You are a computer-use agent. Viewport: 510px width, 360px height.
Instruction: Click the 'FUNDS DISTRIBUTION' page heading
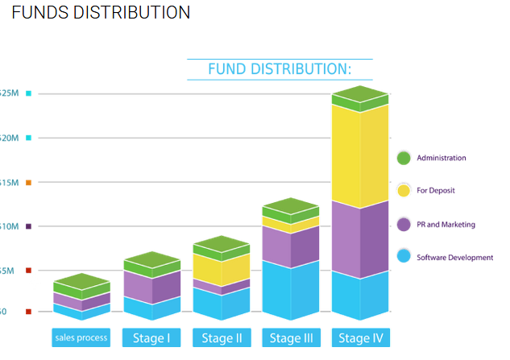coord(101,13)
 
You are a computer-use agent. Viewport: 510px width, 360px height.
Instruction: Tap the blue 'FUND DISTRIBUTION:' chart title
coord(280,69)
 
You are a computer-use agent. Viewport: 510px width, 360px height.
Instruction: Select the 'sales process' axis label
coord(81,337)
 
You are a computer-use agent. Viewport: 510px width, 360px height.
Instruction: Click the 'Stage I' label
coord(151,338)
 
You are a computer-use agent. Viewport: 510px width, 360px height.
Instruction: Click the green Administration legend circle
coord(404,158)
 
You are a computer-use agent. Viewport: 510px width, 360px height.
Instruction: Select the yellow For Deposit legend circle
coord(404,191)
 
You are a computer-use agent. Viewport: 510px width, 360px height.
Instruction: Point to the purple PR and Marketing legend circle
coord(404,225)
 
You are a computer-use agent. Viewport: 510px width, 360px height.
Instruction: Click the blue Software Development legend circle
coord(404,257)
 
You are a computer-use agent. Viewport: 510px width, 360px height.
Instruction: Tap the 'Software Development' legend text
coord(455,258)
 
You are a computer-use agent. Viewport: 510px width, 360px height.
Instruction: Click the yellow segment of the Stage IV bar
coord(360,153)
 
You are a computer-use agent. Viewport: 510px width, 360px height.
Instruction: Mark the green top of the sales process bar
coord(81,283)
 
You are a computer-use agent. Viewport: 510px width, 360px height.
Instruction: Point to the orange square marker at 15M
coord(28,183)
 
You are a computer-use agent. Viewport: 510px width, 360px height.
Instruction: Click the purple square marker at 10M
coord(28,226)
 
